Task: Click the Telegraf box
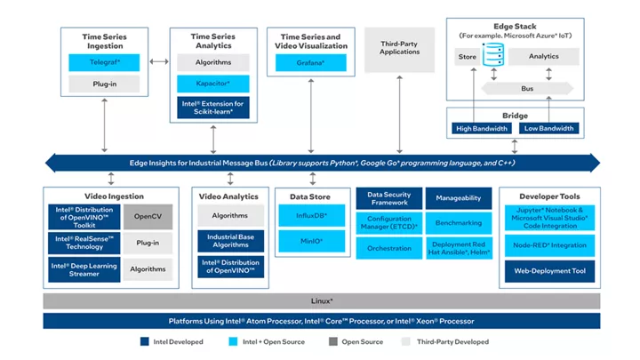(104, 62)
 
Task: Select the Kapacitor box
(213, 84)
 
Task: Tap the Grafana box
(310, 63)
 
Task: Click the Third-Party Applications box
(400, 50)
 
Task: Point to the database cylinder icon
(493, 54)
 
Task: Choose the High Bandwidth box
(482, 129)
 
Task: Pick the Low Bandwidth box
(549, 129)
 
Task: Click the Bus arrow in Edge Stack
(527, 89)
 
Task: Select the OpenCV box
(148, 216)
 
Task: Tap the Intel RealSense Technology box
(84, 243)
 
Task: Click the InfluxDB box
(312, 215)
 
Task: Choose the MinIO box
(312, 241)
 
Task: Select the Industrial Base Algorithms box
(230, 241)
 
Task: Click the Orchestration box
(389, 248)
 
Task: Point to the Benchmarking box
(459, 223)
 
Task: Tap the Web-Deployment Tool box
(550, 271)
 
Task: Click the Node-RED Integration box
(550, 245)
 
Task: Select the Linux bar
(322, 301)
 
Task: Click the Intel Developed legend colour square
(145, 341)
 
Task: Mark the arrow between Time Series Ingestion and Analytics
(159, 61)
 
